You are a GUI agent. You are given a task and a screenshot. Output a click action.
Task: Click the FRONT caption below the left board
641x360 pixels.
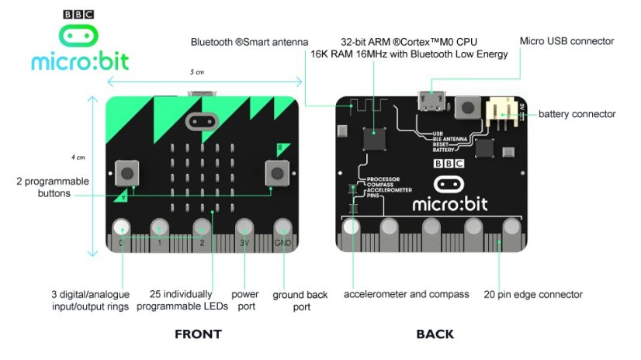pyautogui.click(x=198, y=334)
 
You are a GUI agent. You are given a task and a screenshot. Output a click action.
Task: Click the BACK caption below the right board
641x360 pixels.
pyautogui.click(x=435, y=334)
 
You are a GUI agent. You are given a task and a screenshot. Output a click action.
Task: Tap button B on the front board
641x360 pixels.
pyautogui.click(x=277, y=172)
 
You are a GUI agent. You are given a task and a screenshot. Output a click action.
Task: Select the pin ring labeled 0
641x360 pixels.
pyautogui.click(x=122, y=228)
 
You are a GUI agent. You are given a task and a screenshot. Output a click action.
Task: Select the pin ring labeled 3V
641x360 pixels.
pyautogui.click(x=244, y=228)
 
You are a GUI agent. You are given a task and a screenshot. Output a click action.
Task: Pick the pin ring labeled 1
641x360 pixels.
pyautogui.click(x=159, y=228)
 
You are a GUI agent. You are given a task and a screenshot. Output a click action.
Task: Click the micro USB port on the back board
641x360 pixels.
pyautogui.click(x=429, y=101)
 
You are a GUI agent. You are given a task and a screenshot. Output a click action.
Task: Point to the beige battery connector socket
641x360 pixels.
pyautogui.click(x=500, y=113)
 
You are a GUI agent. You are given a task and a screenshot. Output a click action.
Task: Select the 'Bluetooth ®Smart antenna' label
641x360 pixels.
pyautogui.click(x=249, y=42)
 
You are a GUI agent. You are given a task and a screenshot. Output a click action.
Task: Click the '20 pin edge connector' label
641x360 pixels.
pyautogui.click(x=532, y=294)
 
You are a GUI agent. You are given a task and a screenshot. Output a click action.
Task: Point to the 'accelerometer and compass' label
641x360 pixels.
pyautogui.click(x=406, y=294)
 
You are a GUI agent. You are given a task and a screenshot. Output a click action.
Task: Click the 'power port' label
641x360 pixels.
pyautogui.click(x=245, y=300)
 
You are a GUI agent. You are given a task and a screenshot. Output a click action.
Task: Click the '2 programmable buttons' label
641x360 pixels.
pyautogui.click(x=53, y=187)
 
